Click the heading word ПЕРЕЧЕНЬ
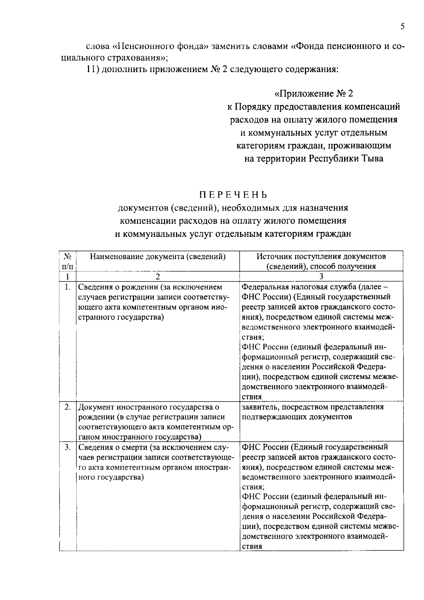coord(232,195)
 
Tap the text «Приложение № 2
coord(314,94)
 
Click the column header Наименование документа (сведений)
coord(158,257)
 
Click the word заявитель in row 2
coord(259,407)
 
